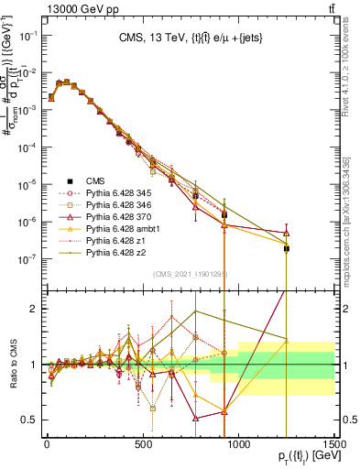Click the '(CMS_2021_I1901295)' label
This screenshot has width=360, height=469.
pos(190,273)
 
